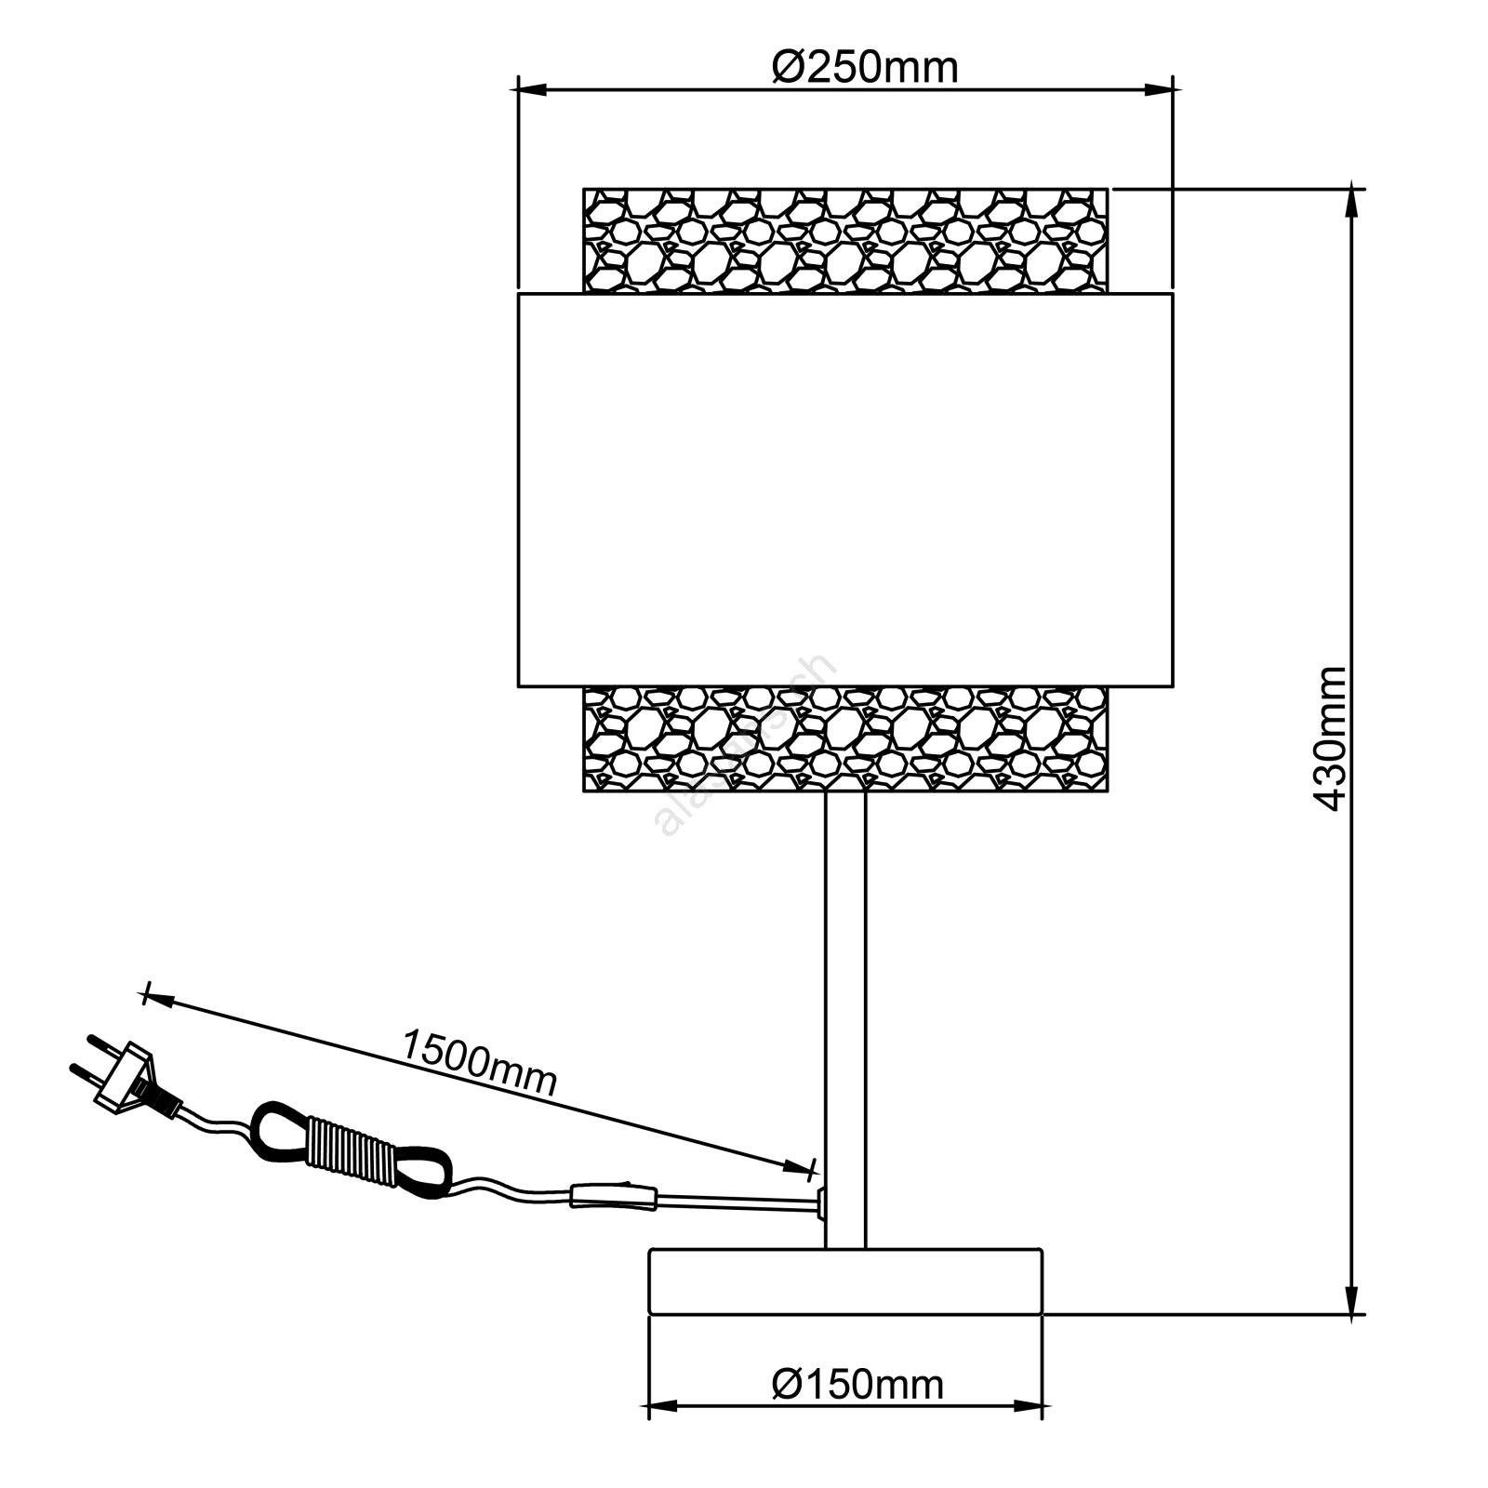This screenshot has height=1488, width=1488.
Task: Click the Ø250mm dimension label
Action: pyautogui.click(x=865, y=68)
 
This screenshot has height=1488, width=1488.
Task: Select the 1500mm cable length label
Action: pyautogui.click(x=479, y=1063)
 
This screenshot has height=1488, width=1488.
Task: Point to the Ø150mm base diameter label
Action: pyautogui.click(x=857, y=1385)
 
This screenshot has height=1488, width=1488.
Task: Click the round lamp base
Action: pyautogui.click(x=845, y=1282)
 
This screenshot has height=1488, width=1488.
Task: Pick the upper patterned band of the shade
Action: pyautogui.click(x=845, y=241)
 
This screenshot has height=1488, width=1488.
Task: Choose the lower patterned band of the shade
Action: pyautogui.click(x=845, y=739)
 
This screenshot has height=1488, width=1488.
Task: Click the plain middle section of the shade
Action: pyautogui.click(x=845, y=490)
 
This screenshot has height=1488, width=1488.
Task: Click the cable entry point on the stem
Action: pyautogui.click(x=821, y=1202)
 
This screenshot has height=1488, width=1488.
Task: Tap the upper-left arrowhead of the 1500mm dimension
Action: pyautogui.click(x=158, y=999)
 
